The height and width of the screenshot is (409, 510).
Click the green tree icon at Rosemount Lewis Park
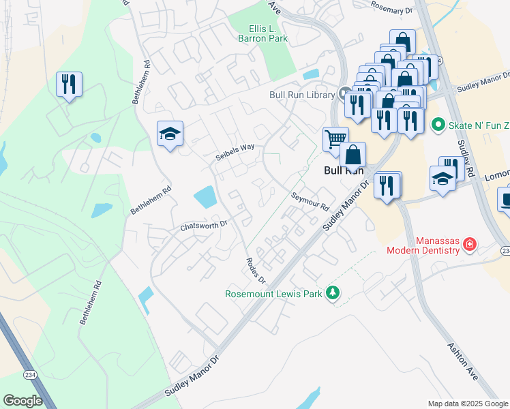333,293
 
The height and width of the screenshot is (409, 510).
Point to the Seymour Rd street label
311,198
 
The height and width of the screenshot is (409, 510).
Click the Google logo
22,401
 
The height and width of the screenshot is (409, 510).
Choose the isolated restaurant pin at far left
69,85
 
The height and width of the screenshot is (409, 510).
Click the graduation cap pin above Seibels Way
170,133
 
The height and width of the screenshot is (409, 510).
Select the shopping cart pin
335,139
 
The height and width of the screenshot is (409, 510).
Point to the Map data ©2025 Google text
467,404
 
